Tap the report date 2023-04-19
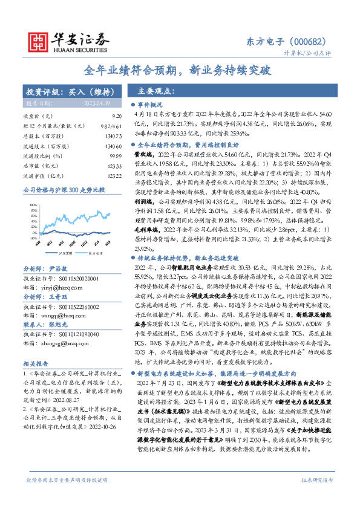96,103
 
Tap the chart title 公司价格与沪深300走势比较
64,190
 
